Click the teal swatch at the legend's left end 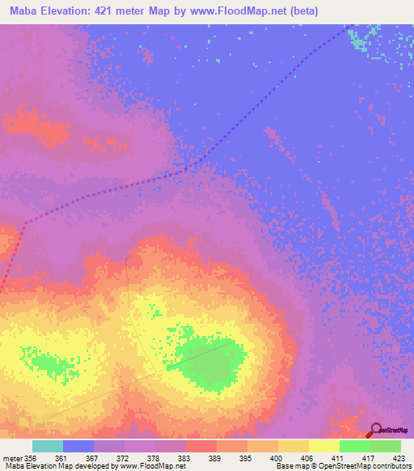coord(48,446)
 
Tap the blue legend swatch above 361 coord(78,446)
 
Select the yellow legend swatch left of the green coord(323,446)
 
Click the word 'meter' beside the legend coord(12,457)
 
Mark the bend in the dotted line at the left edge coord(23,224)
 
